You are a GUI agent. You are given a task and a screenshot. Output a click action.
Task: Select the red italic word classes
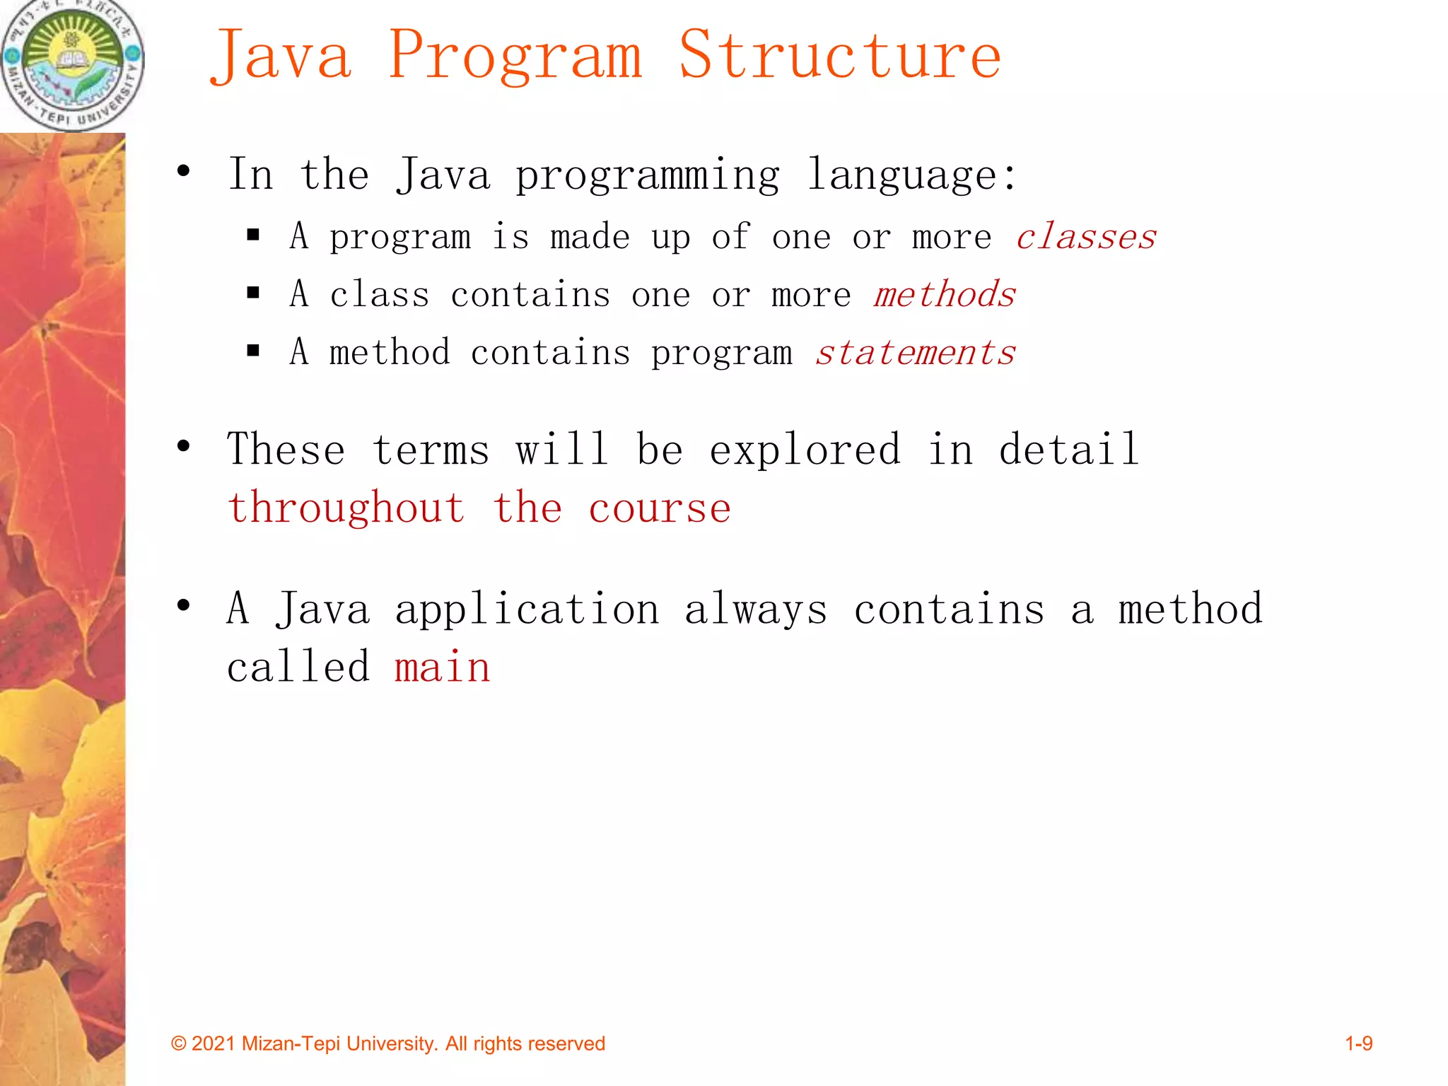coord(1086,237)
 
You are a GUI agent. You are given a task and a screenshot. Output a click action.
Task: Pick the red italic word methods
coord(945,294)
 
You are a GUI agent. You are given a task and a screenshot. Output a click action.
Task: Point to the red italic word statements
coord(916,352)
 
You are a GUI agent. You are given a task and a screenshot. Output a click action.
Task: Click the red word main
coord(443,667)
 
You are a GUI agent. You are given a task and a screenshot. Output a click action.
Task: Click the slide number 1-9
coord(1358,1044)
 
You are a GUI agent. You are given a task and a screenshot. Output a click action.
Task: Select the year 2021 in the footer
coord(213,1044)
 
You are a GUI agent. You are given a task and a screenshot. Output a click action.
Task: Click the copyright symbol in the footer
coord(179,1044)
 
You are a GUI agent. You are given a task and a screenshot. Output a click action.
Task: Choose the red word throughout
coord(346,509)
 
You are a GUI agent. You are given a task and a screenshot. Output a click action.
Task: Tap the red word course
coord(660,509)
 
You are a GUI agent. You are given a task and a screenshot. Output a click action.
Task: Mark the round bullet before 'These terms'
coord(184,446)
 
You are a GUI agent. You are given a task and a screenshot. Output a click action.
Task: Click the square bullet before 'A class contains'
coord(254,293)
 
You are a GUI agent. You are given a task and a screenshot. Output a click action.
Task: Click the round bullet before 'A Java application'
coord(184,605)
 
